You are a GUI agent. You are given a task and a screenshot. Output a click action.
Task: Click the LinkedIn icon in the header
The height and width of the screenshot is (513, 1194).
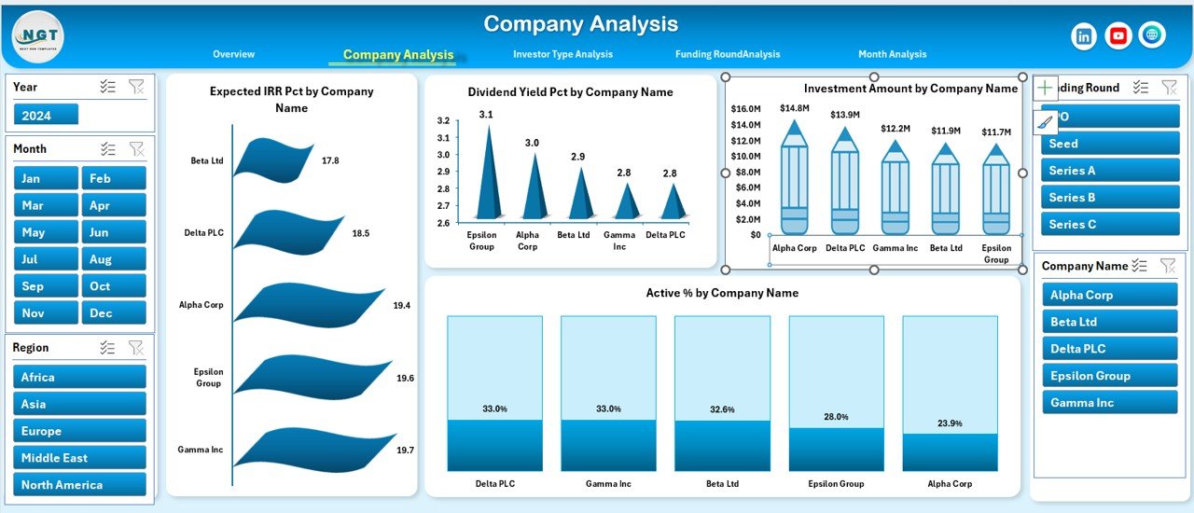[1084, 35]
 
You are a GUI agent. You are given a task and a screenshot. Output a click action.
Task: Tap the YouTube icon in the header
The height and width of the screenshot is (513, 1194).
[1118, 35]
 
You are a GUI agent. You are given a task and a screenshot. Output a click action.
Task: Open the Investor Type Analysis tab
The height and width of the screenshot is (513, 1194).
[562, 54]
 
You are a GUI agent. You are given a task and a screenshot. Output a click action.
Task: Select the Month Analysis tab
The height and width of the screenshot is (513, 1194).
[892, 54]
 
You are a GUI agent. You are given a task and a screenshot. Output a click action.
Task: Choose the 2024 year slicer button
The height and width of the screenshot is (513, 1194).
[47, 115]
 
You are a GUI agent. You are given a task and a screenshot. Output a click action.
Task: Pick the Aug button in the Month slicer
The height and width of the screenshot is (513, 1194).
[114, 259]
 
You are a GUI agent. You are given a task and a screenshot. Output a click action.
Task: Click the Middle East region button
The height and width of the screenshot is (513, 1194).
[80, 458]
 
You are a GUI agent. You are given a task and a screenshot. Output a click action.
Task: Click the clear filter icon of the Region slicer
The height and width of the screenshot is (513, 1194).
[136, 348]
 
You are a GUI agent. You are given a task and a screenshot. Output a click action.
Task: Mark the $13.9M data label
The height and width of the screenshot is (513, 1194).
[845, 115]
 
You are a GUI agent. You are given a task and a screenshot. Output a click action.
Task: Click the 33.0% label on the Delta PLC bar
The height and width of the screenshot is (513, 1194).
[494, 409]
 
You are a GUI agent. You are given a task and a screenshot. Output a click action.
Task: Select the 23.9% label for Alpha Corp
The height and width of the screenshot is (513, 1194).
[950, 423]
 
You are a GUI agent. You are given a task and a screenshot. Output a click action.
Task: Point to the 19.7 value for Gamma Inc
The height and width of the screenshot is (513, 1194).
[405, 451]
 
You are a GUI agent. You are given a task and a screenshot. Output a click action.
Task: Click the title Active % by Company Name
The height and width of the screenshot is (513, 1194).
[722, 293]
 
